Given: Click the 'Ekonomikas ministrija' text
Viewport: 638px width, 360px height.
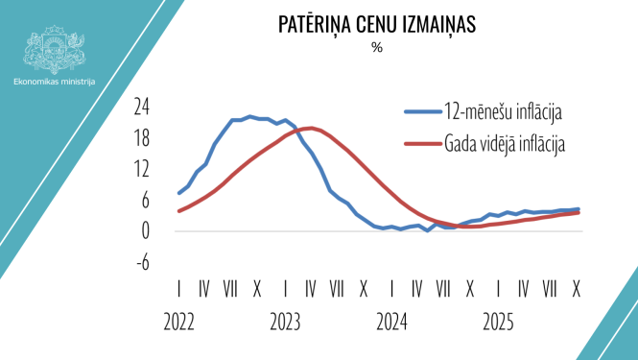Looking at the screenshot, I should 56,82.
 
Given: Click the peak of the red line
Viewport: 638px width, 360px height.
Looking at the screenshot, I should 309,128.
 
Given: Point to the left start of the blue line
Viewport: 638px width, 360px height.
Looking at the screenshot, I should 179,193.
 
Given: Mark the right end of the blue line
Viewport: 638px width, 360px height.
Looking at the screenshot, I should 578,209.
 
